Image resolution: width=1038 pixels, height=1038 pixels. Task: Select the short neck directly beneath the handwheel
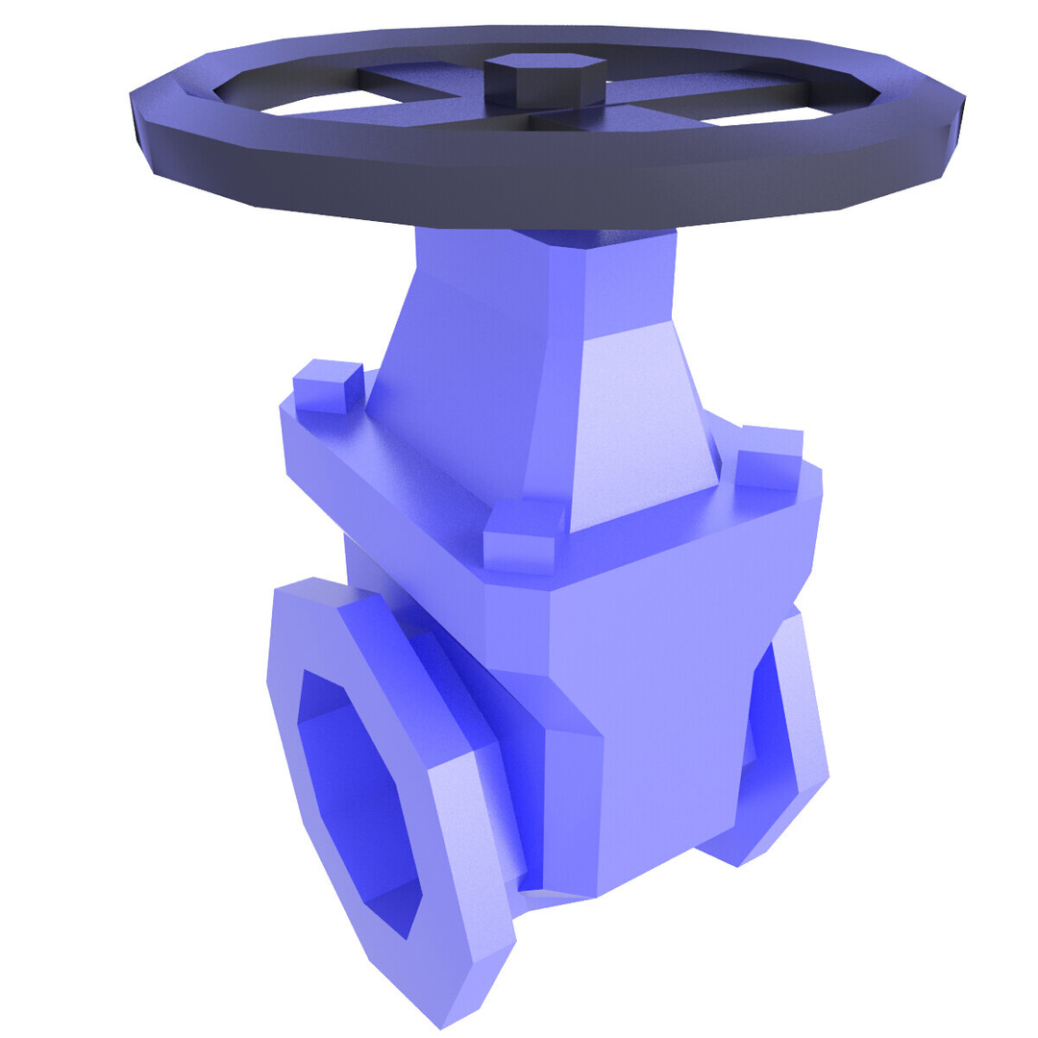pyautogui.click(x=548, y=269)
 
